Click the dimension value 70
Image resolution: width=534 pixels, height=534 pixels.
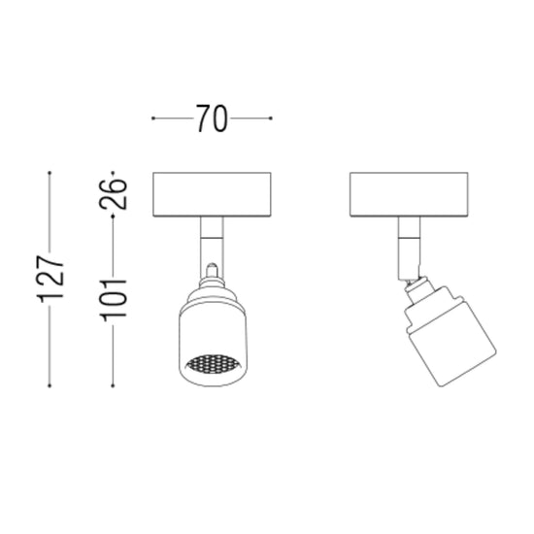pos(212,118)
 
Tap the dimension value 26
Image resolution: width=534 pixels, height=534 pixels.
pos(113,193)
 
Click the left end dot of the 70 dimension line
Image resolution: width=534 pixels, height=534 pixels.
pos(153,118)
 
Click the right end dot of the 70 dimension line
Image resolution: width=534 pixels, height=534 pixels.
pos(271,118)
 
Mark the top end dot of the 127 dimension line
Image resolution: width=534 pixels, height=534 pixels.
pos(50,173)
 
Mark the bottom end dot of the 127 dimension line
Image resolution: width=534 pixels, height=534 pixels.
pos(50,385)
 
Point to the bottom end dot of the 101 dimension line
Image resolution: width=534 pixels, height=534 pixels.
pos(113,385)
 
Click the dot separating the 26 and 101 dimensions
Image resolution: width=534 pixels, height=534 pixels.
pos(113,217)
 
